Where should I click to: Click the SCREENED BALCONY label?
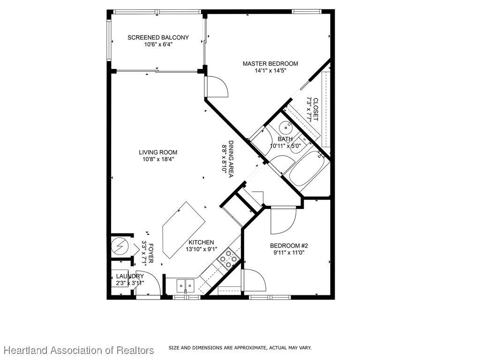click(x=158, y=37)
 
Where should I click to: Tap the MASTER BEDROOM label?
click(x=270, y=64)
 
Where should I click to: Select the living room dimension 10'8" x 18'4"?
click(x=158, y=159)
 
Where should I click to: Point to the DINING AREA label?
click(x=231, y=158)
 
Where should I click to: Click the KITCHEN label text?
click(x=201, y=242)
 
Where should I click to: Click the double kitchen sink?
click(x=186, y=286)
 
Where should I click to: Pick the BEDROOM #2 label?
click(x=289, y=246)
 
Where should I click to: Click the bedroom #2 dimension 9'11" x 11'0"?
click(x=289, y=253)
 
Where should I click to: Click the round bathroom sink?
click(x=287, y=126)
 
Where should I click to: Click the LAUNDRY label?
click(x=130, y=277)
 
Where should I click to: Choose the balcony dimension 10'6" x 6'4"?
click(x=158, y=45)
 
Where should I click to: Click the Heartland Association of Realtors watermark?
click(x=79, y=350)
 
